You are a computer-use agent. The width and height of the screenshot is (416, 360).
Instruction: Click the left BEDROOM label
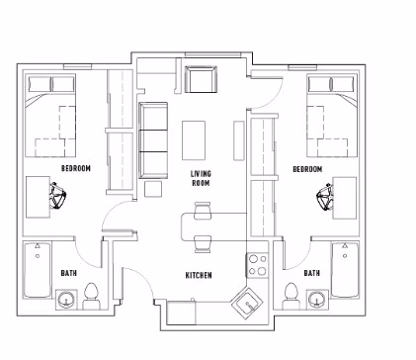76,169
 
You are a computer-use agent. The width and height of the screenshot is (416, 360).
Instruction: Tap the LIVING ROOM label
202,178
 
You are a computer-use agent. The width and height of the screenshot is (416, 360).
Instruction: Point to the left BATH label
68,273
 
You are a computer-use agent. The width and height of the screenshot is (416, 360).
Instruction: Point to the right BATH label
311,273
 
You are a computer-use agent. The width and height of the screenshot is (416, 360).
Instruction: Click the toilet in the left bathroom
91,293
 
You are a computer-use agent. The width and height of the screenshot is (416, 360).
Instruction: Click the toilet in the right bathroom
291,293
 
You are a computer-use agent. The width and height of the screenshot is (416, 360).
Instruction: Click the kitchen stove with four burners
258,264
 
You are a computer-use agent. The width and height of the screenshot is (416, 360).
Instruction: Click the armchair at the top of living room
202,79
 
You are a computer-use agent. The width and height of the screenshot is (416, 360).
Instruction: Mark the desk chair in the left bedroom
56,198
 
